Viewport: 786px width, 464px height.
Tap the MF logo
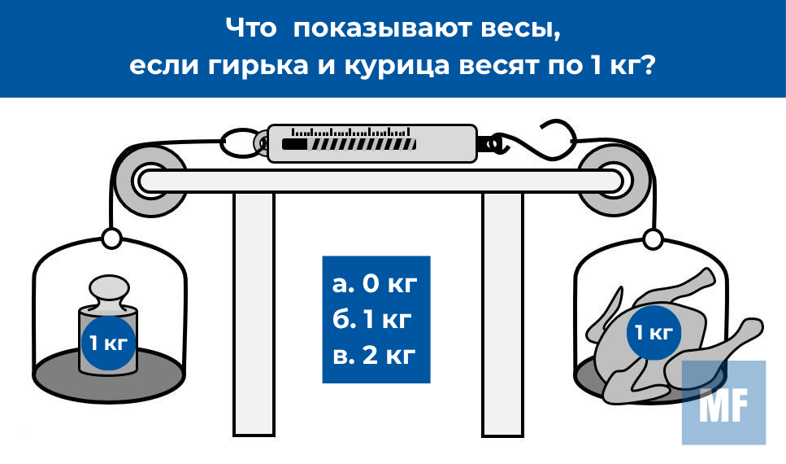pos(723,402)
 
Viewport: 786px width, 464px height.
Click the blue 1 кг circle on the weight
pos(106,343)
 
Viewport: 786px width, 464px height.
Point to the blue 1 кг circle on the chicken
pos(653,332)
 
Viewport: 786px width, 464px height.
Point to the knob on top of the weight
pos(107,291)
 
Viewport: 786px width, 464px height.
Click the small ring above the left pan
pos(111,239)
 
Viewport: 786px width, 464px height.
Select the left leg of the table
pos(254,317)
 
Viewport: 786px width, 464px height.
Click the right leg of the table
pos(502,317)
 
